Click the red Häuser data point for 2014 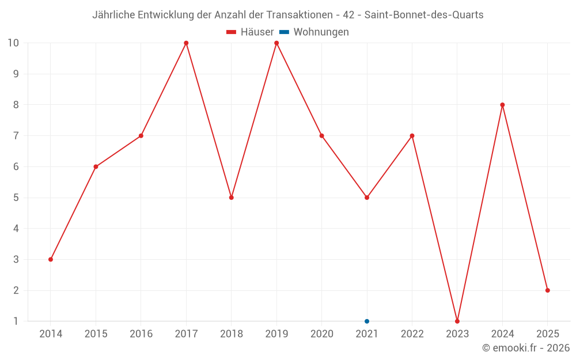pyautogui.click(x=51, y=259)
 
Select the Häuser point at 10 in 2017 pyautogui.click(x=186, y=43)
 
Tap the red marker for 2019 pyautogui.click(x=276, y=43)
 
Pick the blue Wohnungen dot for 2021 pyautogui.click(x=367, y=321)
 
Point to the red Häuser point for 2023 pyautogui.click(x=457, y=321)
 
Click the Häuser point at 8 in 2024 pyautogui.click(x=502, y=105)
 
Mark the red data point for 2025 pyautogui.click(x=547, y=290)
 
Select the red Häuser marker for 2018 pyautogui.click(x=232, y=198)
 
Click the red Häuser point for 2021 pyautogui.click(x=367, y=198)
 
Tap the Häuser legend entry pyautogui.click(x=250, y=32)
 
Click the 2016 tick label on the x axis pyautogui.click(x=141, y=334)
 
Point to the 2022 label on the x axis pyautogui.click(x=412, y=334)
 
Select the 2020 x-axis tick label pyautogui.click(x=321, y=334)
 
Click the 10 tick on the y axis pyautogui.click(x=13, y=43)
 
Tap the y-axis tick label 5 pyautogui.click(x=16, y=198)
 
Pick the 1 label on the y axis pyautogui.click(x=16, y=321)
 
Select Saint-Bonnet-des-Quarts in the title pyautogui.click(x=424, y=15)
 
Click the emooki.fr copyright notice pyautogui.click(x=526, y=348)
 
